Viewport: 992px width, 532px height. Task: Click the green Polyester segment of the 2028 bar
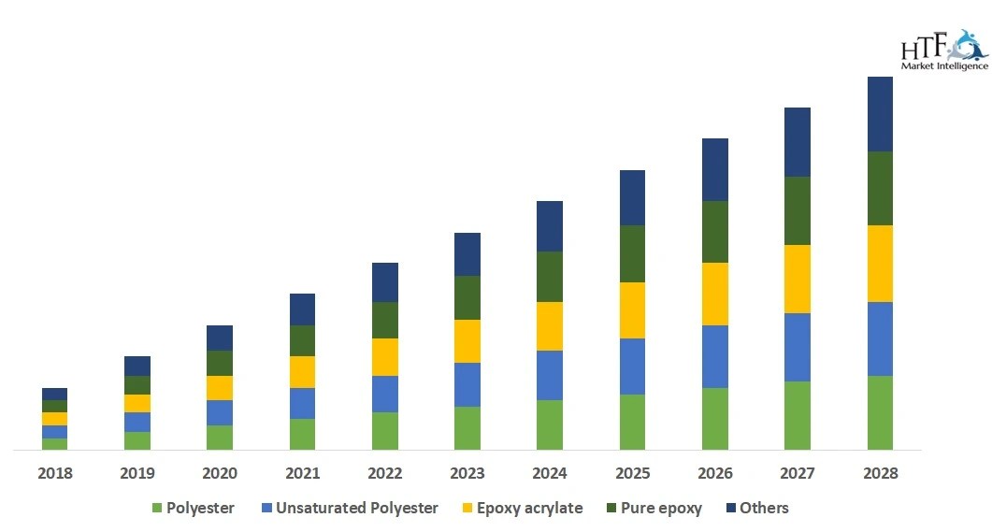click(880, 412)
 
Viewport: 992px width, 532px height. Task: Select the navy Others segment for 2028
click(880, 114)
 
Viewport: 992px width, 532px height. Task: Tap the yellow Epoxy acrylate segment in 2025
click(632, 310)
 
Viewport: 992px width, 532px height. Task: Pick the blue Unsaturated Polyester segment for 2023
click(467, 384)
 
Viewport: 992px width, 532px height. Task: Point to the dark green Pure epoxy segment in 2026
click(714, 232)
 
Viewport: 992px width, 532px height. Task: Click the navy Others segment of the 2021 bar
click(302, 309)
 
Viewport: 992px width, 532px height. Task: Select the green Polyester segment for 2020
click(220, 438)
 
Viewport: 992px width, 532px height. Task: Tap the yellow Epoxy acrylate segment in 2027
click(797, 279)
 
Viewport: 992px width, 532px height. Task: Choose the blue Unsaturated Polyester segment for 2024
click(550, 375)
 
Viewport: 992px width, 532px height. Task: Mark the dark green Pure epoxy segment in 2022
click(385, 320)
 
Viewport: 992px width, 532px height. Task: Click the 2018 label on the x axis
click(54, 474)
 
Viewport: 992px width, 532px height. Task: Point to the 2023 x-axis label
click(467, 474)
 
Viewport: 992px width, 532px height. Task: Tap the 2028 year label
click(880, 474)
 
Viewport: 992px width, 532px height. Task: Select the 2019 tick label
click(137, 474)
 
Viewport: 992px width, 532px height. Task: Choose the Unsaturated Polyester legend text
click(356, 509)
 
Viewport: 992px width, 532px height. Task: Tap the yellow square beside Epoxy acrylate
click(467, 509)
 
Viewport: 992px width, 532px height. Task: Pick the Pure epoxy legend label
click(660, 509)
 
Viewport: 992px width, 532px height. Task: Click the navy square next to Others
click(728, 509)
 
